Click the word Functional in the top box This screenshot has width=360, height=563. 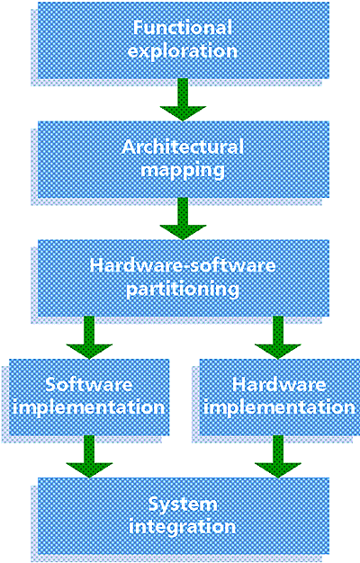coord(183,28)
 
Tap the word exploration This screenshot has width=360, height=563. coord(183,51)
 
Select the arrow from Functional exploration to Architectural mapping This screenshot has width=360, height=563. coord(183,100)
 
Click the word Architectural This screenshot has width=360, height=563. coord(183,147)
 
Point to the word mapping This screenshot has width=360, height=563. coord(183,171)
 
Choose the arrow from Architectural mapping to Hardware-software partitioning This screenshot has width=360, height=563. coord(183,219)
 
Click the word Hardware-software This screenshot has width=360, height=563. coord(183,265)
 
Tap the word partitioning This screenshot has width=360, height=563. coord(183,289)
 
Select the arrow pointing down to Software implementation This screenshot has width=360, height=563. coord(89,337)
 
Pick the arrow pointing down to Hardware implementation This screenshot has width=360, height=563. coord(278,337)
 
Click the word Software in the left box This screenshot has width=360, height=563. coord(89,385)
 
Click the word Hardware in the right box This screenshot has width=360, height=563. coord(279,385)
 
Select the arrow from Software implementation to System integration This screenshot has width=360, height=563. coord(89,457)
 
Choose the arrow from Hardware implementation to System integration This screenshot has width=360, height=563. coord(278,457)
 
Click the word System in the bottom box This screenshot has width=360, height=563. coord(183,505)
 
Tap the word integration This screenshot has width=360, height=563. coord(183,527)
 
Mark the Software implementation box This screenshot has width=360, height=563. coord(89,398)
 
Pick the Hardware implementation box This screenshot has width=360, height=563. coord(279,398)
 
